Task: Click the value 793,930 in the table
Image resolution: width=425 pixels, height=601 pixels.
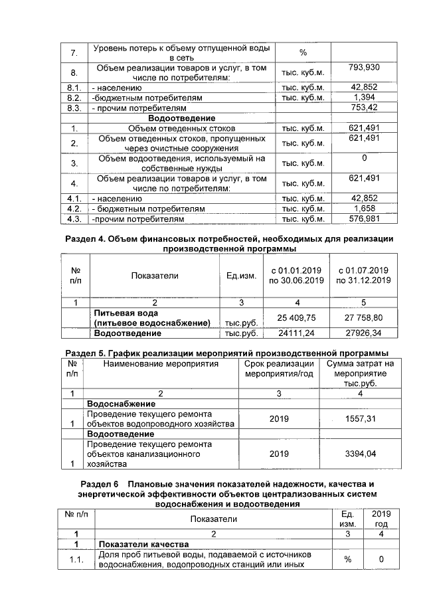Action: (363, 67)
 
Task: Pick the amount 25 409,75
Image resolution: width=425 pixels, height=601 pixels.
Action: (296, 317)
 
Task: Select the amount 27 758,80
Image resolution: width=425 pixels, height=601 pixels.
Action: (364, 317)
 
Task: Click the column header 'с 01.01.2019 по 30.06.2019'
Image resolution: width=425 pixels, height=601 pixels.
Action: (296, 276)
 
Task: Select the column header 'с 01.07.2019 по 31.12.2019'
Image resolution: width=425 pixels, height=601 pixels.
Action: (364, 276)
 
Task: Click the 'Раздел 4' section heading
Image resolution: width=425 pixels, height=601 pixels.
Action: (229, 243)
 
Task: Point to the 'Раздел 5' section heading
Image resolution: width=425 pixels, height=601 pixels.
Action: (229, 352)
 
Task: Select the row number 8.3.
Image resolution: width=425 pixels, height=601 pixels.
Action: (74, 108)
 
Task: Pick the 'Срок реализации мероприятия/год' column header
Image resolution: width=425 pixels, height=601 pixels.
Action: (279, 369)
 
